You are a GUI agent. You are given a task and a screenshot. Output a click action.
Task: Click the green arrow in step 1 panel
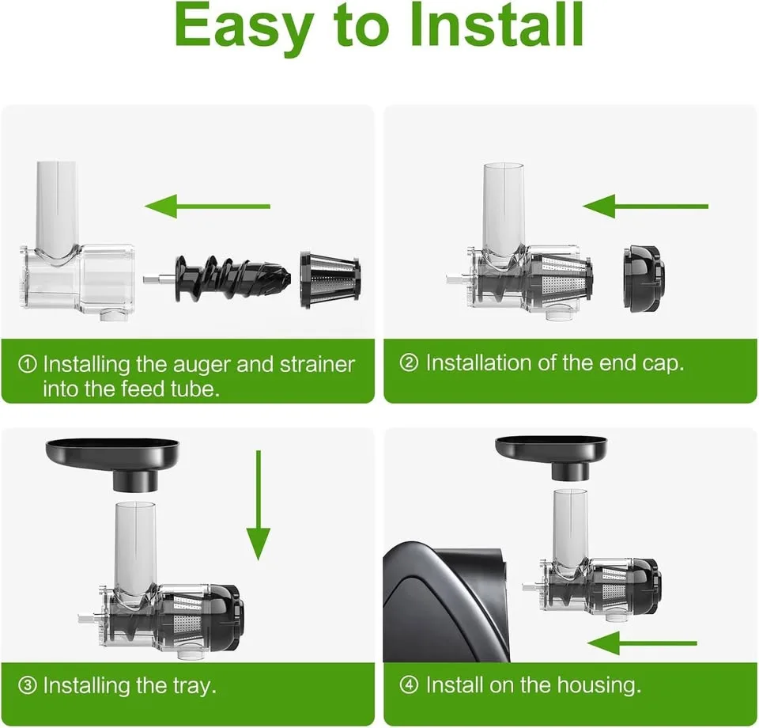(208, 207)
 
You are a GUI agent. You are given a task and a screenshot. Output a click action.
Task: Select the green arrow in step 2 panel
(645, 207)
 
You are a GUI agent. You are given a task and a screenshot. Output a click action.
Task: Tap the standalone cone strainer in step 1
(330, 279)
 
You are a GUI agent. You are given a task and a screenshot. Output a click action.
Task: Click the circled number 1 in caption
(28, 365)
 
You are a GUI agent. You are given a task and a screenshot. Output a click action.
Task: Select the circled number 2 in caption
(410, 364)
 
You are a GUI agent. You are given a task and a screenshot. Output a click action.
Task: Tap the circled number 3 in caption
(28, 684)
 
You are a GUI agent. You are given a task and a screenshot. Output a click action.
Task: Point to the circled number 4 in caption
(410, 684)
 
